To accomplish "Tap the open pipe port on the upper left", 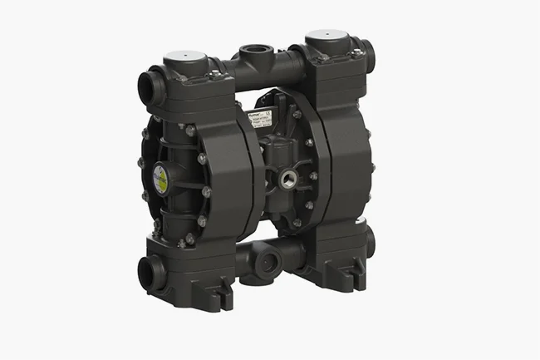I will click(151, 87).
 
